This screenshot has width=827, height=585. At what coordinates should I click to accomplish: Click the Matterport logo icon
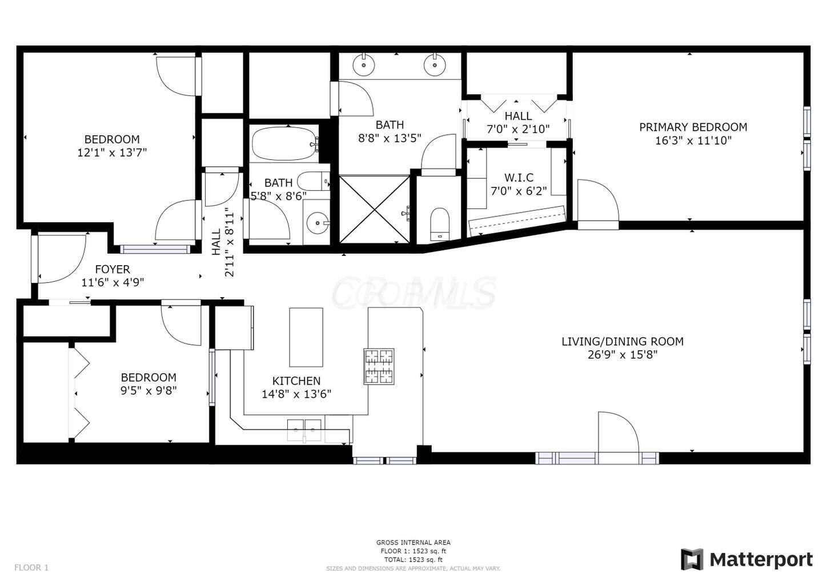pos(692,559)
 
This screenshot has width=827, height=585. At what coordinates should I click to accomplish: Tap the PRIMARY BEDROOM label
pos(693,127)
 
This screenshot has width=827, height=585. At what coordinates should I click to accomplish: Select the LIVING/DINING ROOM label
pos(622,342)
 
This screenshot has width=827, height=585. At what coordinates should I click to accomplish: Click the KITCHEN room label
pos(296,380)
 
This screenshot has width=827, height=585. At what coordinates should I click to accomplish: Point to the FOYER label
pos(113,269)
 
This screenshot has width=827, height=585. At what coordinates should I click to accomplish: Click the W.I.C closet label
pos(518,178)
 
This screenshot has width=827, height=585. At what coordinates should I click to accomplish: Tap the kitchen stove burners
pos(379,366)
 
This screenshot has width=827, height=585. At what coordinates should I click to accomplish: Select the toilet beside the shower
pos(440,223)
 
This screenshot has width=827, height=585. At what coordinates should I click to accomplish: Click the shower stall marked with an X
pos(375,210)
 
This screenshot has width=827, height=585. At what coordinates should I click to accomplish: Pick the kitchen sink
pos(304,429)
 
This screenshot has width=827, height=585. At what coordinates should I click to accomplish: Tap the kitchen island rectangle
pos(306,337)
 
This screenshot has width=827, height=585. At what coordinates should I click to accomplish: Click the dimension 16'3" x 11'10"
pos(693,141)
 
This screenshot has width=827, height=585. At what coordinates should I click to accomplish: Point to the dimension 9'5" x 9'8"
pos(148,391)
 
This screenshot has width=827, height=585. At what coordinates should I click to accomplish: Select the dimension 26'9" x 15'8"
pos(622,355)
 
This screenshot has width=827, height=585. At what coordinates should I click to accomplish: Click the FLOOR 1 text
pos(31,567)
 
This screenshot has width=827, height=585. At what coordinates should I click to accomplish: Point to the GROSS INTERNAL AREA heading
pos(413,542)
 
